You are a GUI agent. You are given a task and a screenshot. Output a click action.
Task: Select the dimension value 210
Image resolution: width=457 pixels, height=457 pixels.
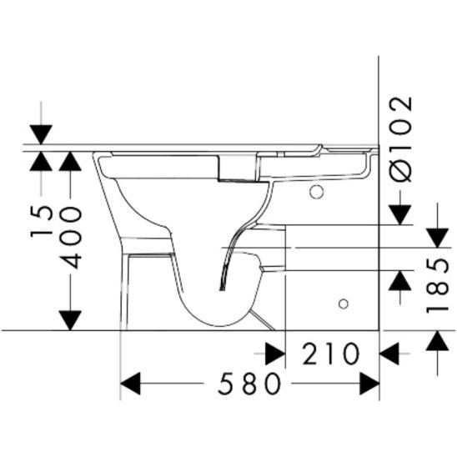pyautogui.click(x=331, y=354)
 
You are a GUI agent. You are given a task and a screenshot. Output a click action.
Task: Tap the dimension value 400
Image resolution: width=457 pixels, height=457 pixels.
pyautogui.click(x=72, y=237)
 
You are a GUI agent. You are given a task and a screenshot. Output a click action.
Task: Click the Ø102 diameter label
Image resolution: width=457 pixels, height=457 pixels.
pyautogui.click(x=401, y=138)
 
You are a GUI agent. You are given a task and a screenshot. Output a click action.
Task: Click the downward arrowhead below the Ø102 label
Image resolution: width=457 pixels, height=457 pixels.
pyautogui.click(x=400, y=213)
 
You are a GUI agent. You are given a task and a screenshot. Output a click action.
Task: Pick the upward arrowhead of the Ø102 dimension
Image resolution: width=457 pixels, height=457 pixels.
pyautogui.click(x=400, y=283)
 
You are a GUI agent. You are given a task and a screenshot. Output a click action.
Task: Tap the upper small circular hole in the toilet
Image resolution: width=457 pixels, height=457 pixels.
pyautogui.click(x=316, y=193)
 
